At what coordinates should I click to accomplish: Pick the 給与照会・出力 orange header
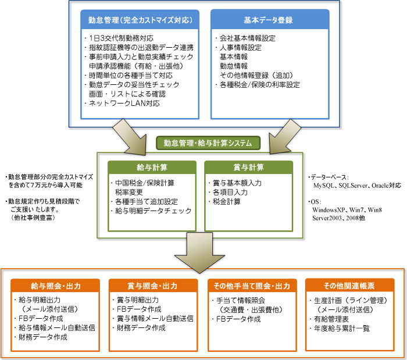point(56,286)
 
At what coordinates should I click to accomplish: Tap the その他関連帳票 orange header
point(350,286)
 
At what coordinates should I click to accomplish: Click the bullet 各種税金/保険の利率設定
point(260,85)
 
